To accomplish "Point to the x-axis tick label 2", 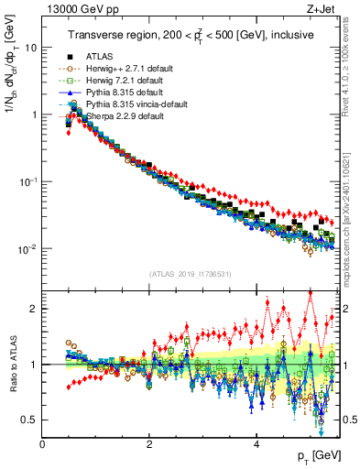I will tap(149, 443).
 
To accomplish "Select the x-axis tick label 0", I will tap(43, 443).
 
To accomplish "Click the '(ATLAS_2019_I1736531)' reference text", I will tap(190, 274).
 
